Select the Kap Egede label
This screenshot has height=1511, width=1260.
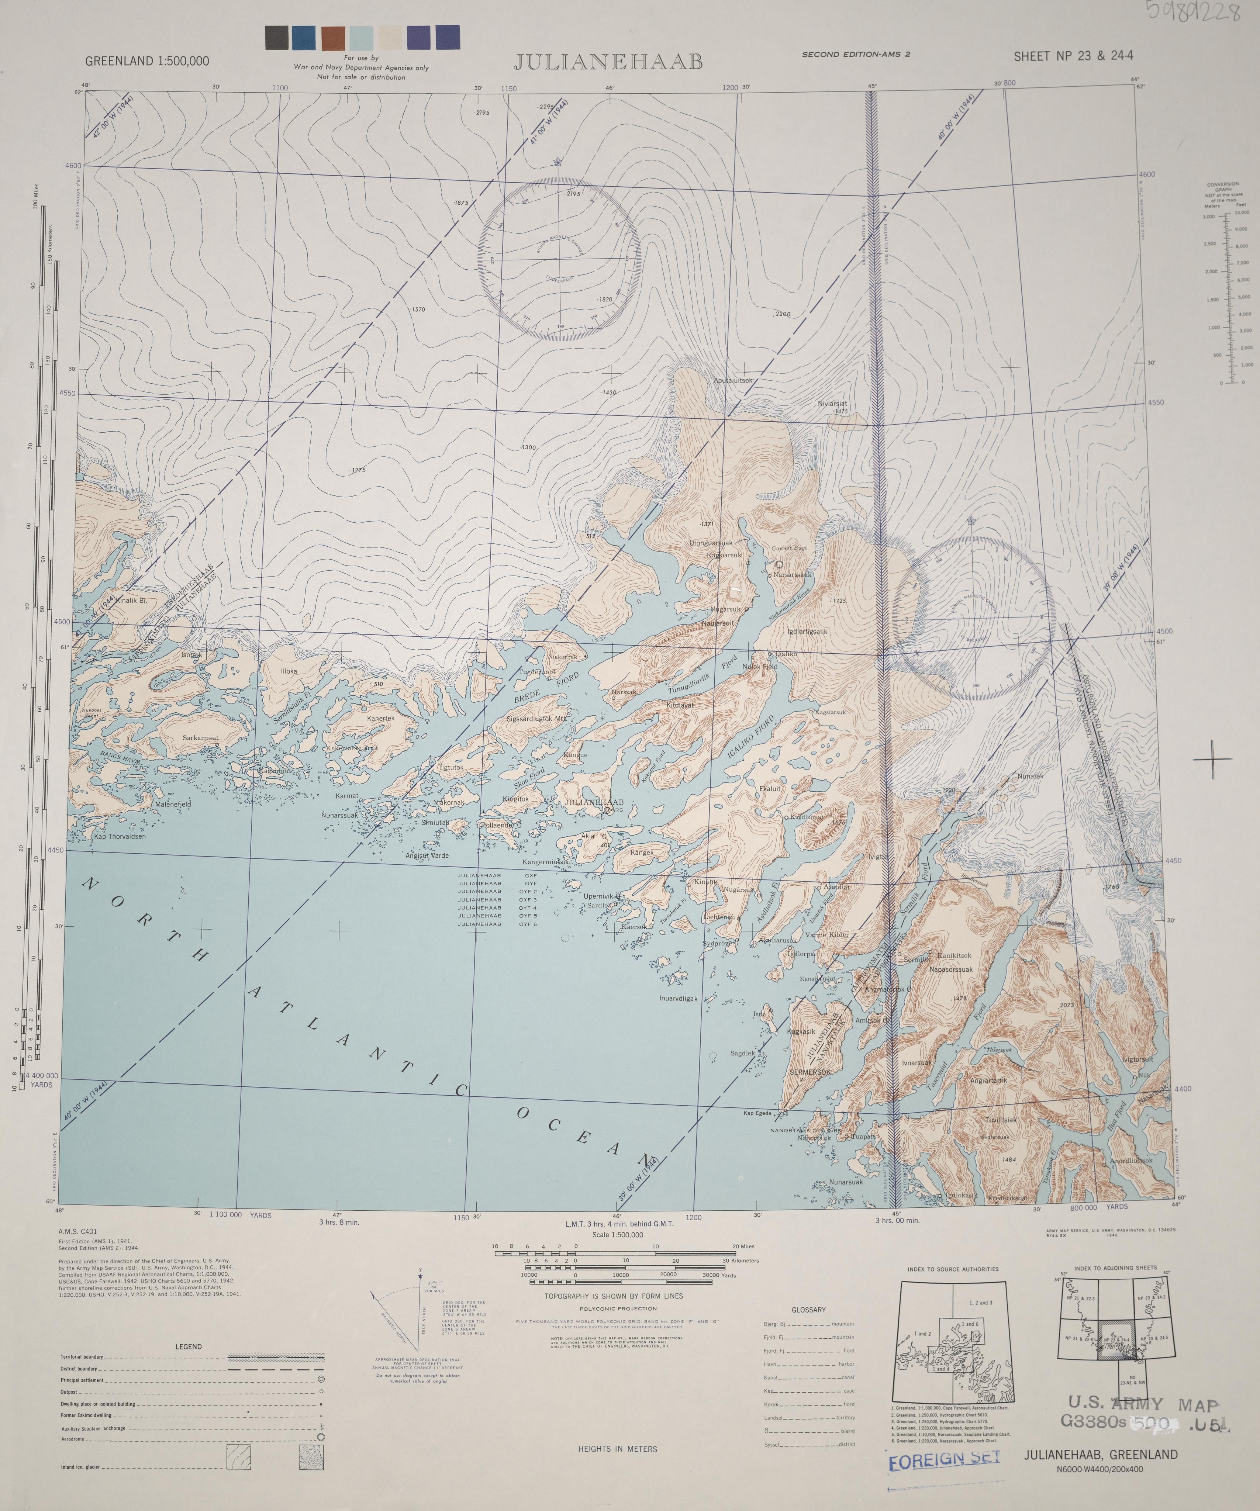(x=758, y=1113)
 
